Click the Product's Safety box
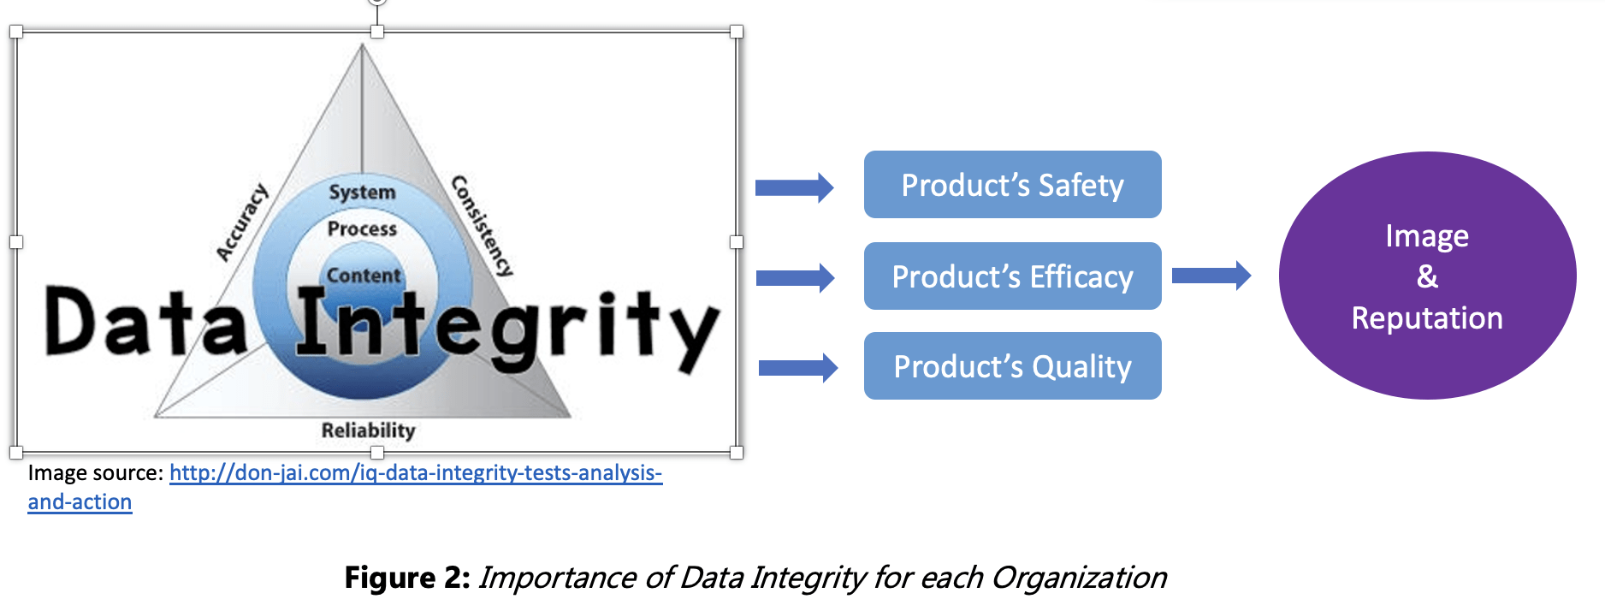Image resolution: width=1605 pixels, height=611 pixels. coord(1012,185)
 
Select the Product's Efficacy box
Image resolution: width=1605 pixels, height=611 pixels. coord(1012,276)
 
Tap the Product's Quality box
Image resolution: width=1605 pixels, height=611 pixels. coord(1012,366)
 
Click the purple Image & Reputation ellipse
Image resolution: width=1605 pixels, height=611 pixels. coord(1427,276)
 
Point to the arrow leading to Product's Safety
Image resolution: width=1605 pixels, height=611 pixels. coord(794,187)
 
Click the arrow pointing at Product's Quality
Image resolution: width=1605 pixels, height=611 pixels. coord(798,368)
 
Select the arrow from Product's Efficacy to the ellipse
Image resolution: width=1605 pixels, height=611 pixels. coord(1211,276)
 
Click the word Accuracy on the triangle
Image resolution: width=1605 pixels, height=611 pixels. coord(241,222)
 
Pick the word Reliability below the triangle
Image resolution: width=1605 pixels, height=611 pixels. coord(368,430)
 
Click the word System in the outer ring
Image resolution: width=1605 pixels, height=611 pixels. coord(362,192)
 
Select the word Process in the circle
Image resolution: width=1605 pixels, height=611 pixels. coord(362,228)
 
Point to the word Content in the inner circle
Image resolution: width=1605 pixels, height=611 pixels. coord(364,276)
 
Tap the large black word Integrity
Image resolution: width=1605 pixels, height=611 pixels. coord(506,329)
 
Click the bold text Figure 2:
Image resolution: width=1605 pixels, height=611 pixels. coord(407,578)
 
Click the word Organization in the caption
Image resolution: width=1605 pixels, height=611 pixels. coord(1079,578)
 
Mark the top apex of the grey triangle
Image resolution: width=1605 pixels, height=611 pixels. coord(363,44)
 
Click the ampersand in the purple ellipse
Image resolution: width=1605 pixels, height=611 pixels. coord(1427,276)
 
